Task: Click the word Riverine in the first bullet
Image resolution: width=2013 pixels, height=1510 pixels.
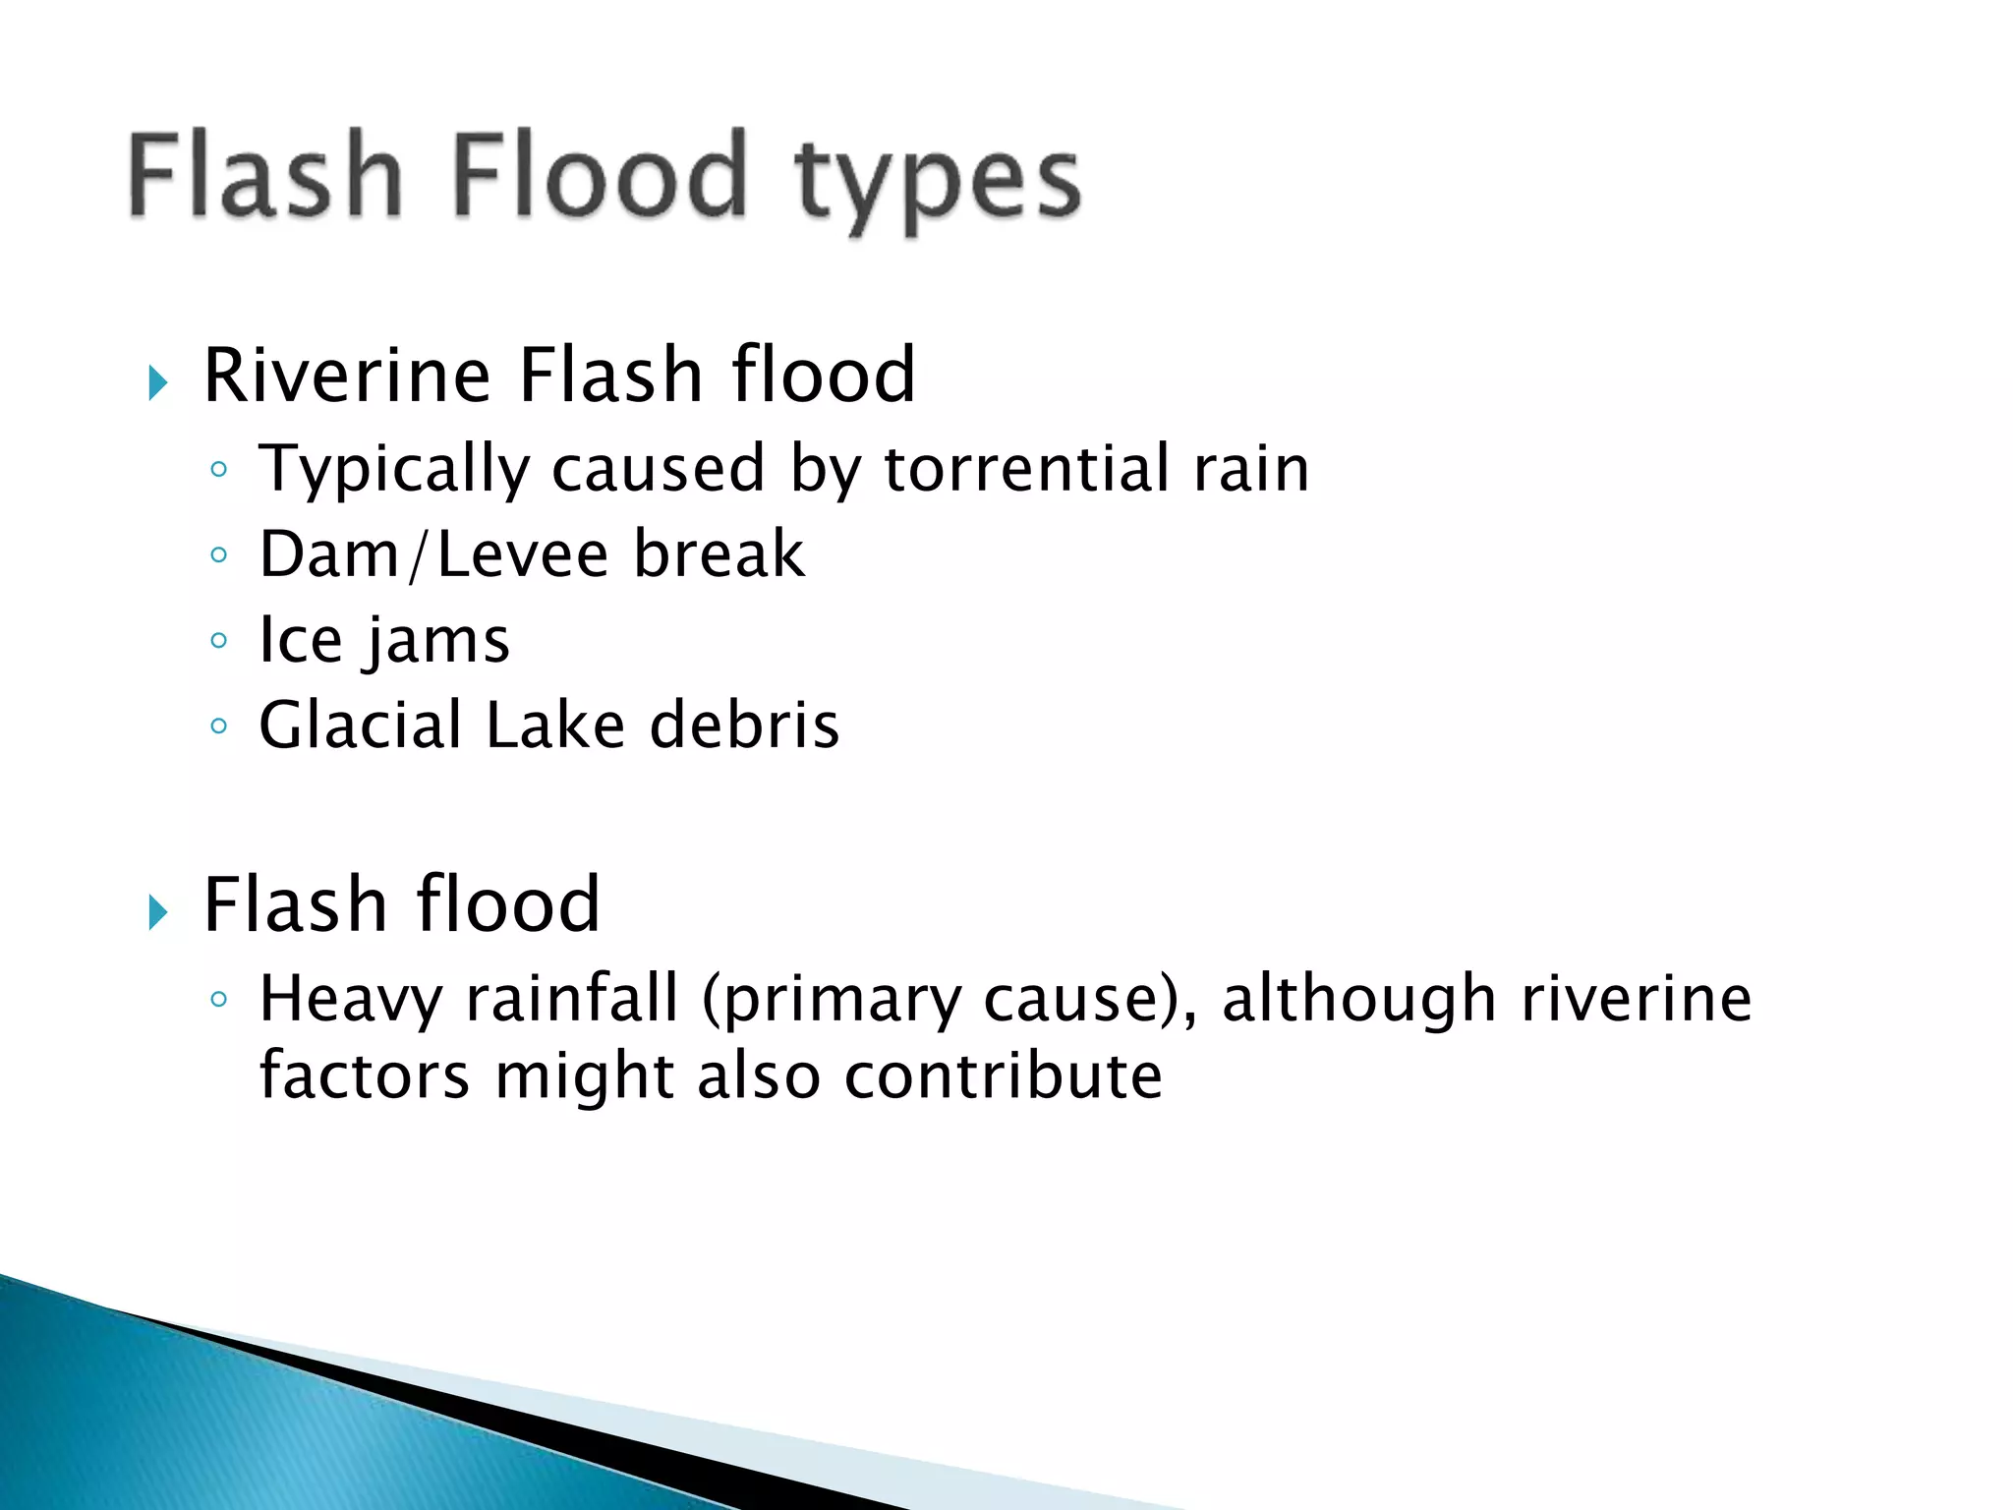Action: pos(347,376)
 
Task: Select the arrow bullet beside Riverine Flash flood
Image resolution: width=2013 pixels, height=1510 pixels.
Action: pos(157,381)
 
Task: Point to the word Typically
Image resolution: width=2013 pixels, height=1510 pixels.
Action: pos(393,470)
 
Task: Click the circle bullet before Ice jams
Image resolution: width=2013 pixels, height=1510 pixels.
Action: pos(218,641)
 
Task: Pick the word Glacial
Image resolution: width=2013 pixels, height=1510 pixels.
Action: pos(360,726)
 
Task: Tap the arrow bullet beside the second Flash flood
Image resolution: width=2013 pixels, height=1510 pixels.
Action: pos(157,912)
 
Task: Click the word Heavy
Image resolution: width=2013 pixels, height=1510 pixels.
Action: pos(351,1000)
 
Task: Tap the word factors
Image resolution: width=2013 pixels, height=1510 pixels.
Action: pos(364,1075)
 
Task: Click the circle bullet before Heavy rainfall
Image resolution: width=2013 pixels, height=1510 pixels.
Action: pos(218,1000)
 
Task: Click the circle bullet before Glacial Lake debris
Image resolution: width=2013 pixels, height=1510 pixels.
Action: pos(218,726)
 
